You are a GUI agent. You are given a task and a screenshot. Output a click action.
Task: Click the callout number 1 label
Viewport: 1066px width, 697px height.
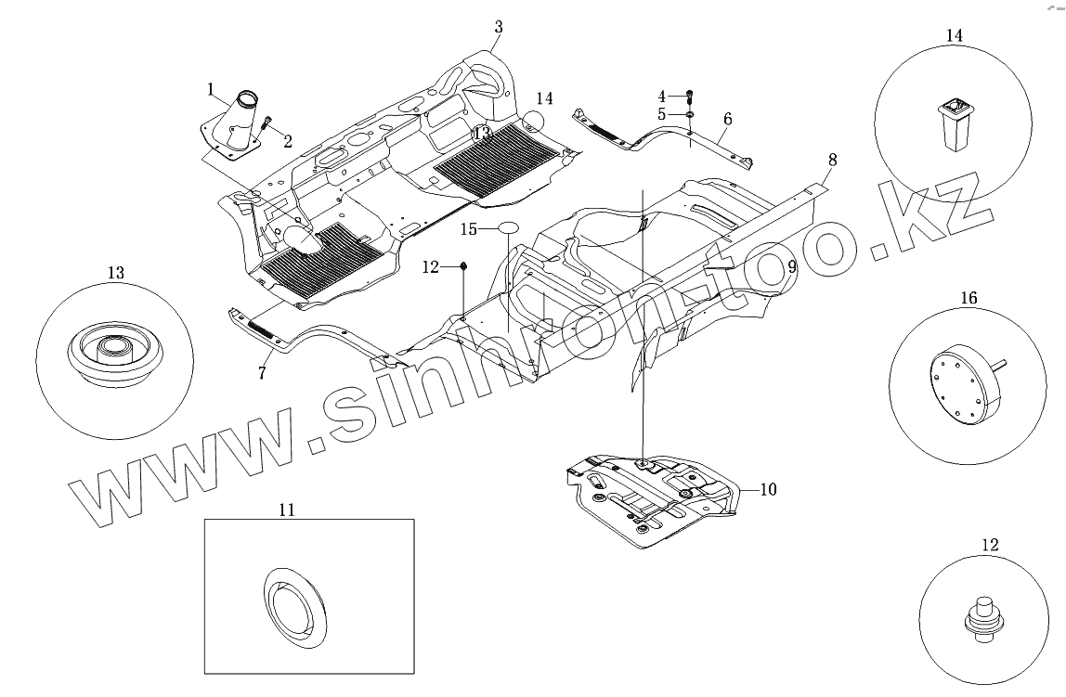(212, 90)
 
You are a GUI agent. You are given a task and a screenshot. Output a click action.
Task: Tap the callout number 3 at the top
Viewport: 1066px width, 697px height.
(499, 27)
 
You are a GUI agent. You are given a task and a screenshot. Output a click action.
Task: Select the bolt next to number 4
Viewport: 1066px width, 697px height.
(690, 96)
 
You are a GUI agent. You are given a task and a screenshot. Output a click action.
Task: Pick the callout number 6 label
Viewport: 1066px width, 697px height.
(727, 119)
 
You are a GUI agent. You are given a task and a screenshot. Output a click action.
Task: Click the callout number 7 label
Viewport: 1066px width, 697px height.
(263, 373)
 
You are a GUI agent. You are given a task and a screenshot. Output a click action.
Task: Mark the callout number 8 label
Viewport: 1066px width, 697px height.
(832, 160)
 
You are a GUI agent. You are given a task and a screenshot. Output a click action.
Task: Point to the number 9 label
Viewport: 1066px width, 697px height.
(792, 266)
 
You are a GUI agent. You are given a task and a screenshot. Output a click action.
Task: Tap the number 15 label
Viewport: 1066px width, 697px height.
(469, 227)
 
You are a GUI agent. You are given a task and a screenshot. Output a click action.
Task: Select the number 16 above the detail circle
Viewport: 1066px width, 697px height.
(968, 299)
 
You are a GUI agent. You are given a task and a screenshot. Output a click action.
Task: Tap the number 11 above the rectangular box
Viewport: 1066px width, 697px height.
(287, 509)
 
